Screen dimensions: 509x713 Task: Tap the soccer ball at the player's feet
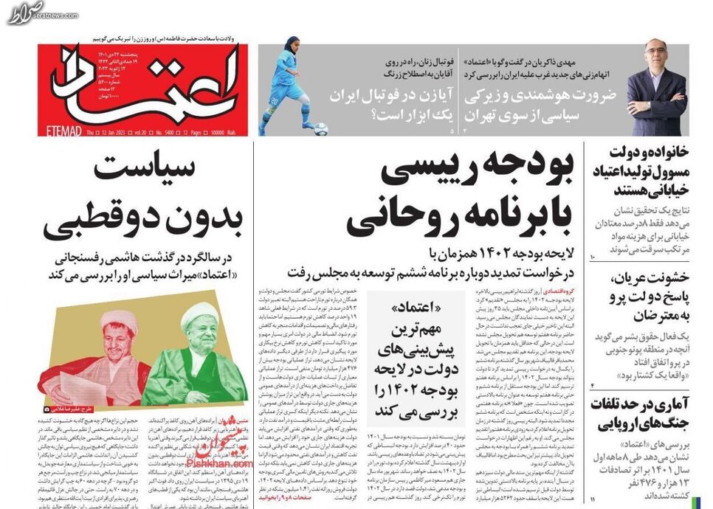click(321, 128)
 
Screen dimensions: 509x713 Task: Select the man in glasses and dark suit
click(656, 89)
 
